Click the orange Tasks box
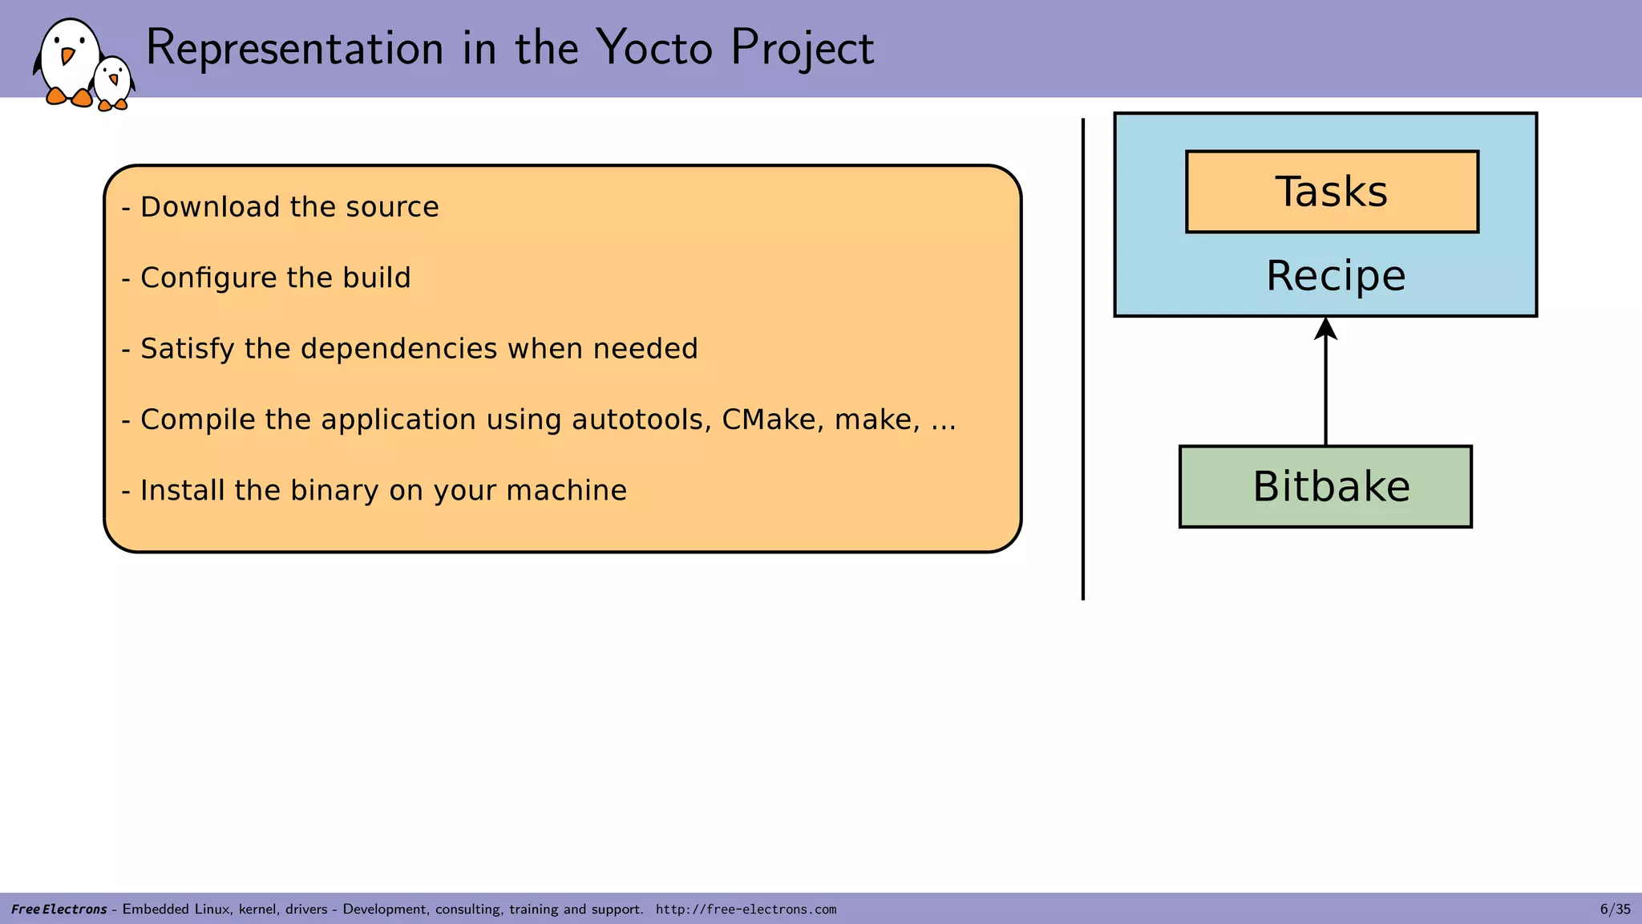tap(1332, 192)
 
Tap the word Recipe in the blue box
tap(1336, 276)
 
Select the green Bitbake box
tap(1325, 487)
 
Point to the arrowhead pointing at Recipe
tap(1325, 330)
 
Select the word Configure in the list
tap(208, 278)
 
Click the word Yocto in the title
tap(654, 48)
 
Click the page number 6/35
tap(1615, 909)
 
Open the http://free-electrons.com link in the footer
tap(746, 910)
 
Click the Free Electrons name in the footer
tap(59, 910)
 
